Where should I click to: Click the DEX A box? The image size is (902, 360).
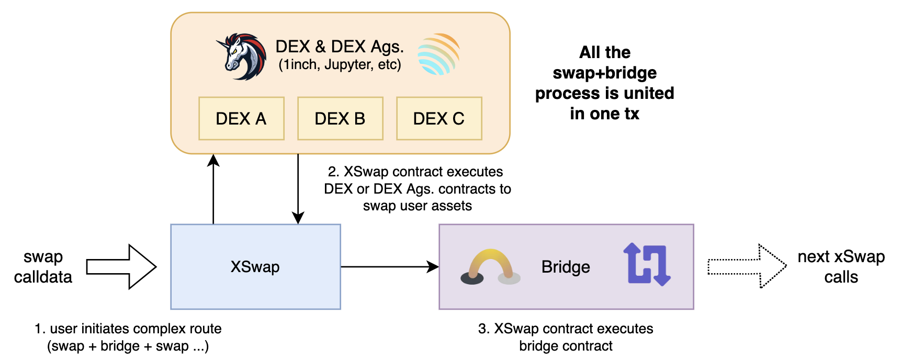point(241,119)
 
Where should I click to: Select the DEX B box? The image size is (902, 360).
point(340,119)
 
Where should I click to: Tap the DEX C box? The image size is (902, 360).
point(439,119)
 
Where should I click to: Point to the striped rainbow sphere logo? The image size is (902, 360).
point(438,54)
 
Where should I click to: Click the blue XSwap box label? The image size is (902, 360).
point(255,267)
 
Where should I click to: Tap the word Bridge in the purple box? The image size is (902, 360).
point(566,267)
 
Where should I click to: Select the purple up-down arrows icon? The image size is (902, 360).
point(647,264)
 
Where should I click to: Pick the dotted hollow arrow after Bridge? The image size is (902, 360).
point(747,266)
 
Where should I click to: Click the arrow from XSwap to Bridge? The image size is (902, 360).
point(390,267)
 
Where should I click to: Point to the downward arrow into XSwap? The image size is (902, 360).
point(298,188)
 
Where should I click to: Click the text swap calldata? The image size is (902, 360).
point(43,267)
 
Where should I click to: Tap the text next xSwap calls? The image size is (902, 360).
point(841,267)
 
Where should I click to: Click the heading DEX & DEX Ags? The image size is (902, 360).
point(340,47)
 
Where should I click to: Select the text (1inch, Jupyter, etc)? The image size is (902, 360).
point(340,65)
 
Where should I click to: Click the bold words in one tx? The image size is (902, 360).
point(604,114)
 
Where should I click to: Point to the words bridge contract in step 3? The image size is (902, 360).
point(566,346)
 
